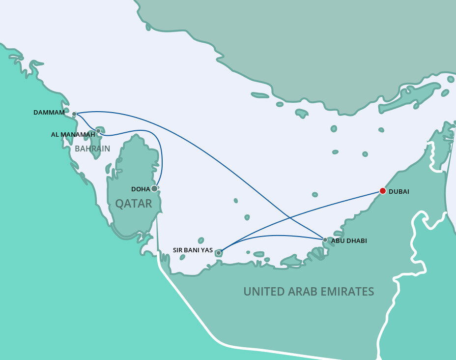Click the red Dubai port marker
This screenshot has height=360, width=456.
click(383, 191)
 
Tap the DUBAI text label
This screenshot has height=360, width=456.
click(399, 191)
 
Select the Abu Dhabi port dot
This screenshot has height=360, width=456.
click(325, 240)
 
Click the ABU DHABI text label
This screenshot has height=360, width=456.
click(349, 241)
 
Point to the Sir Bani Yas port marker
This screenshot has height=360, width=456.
click(219, 253)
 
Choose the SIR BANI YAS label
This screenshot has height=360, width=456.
click(193, 250)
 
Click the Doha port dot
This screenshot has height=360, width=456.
click(154, 188)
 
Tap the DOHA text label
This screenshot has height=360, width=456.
click(141, 189)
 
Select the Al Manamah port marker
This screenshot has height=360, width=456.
click(98, 131)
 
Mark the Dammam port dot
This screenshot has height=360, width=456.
click(74, 114)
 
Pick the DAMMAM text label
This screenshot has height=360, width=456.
click(49, 113)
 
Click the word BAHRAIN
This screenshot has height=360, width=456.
click(92, 149)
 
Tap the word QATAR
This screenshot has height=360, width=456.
click(134, 204)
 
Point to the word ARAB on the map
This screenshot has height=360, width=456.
click(302, 292)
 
